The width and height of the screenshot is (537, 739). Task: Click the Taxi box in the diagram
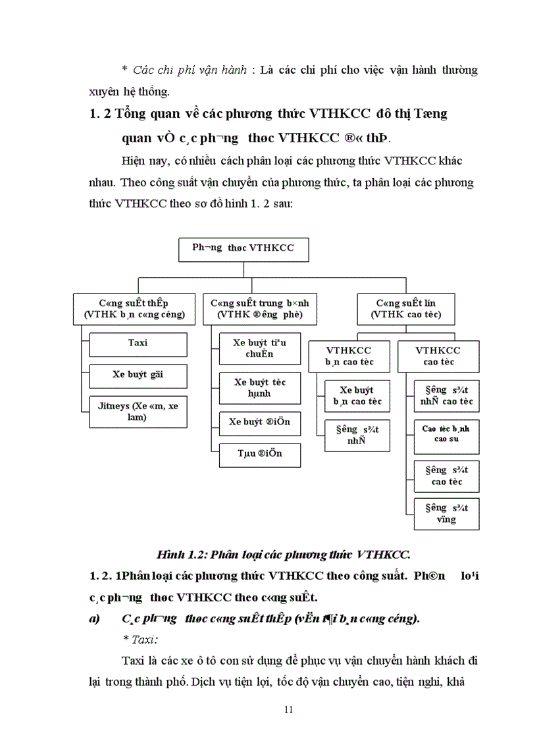pyautogui.click(x=138, y=343)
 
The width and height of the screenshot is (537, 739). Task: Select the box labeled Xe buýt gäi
pyautogui.click(x=138, y=375)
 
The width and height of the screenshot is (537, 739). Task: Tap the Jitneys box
pyautogui.click(x=138, y=411)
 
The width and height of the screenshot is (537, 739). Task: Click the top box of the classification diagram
pyautogui.click(x=243, y=249)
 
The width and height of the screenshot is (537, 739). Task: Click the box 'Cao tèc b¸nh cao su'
pyautogui.click(x=447, y=436)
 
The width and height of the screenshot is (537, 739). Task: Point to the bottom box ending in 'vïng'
pyautogui.click(x=447, y=514)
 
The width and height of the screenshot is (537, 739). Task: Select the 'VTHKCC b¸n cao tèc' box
pyautogui.click(x=348, y=356)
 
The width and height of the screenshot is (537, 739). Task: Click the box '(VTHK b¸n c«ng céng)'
pyautogui.click(x=134, y=309)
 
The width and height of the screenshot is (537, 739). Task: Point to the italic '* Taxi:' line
pyautogui.click(x=140, y=639)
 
